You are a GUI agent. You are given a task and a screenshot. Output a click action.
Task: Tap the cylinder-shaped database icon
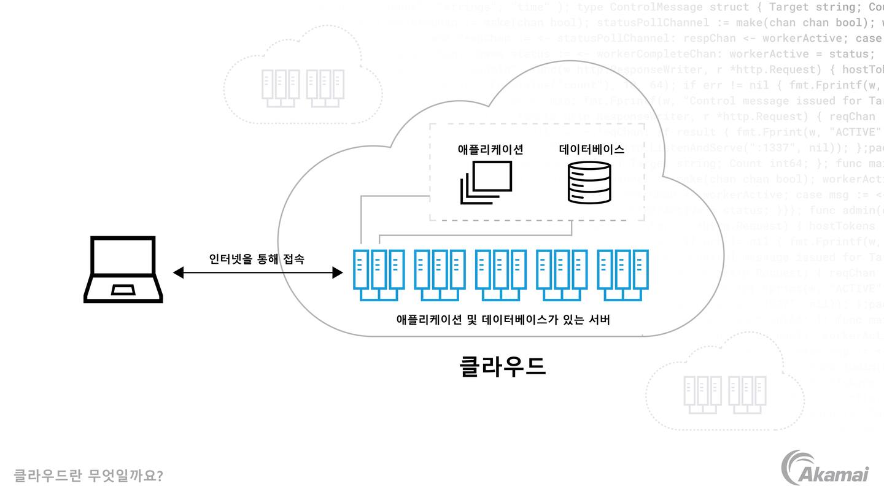coord(589,182)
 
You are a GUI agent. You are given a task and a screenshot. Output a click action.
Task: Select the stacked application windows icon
coord(486,182)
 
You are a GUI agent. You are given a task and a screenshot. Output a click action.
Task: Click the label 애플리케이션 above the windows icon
coord(490,149)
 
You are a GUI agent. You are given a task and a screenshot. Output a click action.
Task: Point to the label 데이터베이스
coord(591,149)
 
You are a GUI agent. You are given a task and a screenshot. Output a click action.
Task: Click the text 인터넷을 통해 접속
coord(257,259)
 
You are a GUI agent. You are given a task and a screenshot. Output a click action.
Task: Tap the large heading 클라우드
coord(502,366)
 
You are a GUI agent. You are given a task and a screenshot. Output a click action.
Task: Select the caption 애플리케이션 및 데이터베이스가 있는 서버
coord(503,320)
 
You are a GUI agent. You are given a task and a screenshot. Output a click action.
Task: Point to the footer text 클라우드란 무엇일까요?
coord(88,476)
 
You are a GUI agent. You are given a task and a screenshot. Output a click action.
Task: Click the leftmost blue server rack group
coord(379,274)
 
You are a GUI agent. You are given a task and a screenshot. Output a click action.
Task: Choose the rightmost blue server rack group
coord(623,274)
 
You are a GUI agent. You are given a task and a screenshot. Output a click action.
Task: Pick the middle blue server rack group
coord(501,274)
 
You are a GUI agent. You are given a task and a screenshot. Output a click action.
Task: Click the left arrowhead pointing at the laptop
coord(179,272)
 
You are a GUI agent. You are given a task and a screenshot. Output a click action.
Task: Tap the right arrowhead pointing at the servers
coord(337,272)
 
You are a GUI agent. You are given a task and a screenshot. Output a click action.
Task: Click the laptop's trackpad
coord(123,289)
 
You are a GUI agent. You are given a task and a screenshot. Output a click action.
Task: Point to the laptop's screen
coord(123,256)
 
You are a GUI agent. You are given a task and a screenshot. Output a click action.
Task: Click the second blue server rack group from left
coord(440,274)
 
